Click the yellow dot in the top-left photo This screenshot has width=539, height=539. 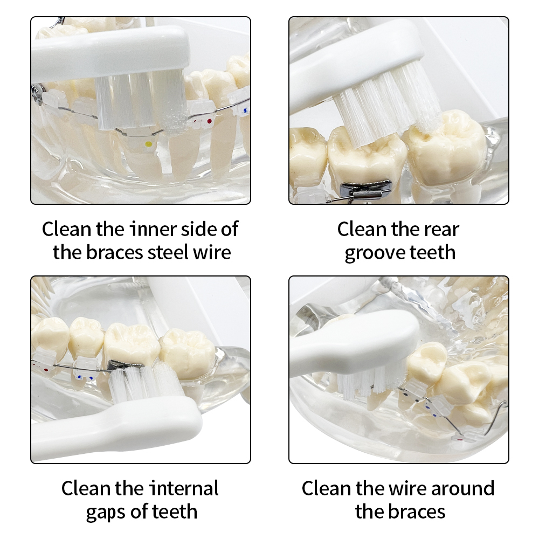(x=149, y=144)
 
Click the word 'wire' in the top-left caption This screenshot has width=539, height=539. (x=212, y=252)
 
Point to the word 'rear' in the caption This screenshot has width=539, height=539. (x=442, y=230)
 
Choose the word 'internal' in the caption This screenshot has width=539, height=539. (x=184, y=488)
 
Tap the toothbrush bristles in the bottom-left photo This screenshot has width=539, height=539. (x=144, y=383)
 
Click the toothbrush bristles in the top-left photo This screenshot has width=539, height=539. (x=141, y=102)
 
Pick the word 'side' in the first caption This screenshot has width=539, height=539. (x=199, y=229)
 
